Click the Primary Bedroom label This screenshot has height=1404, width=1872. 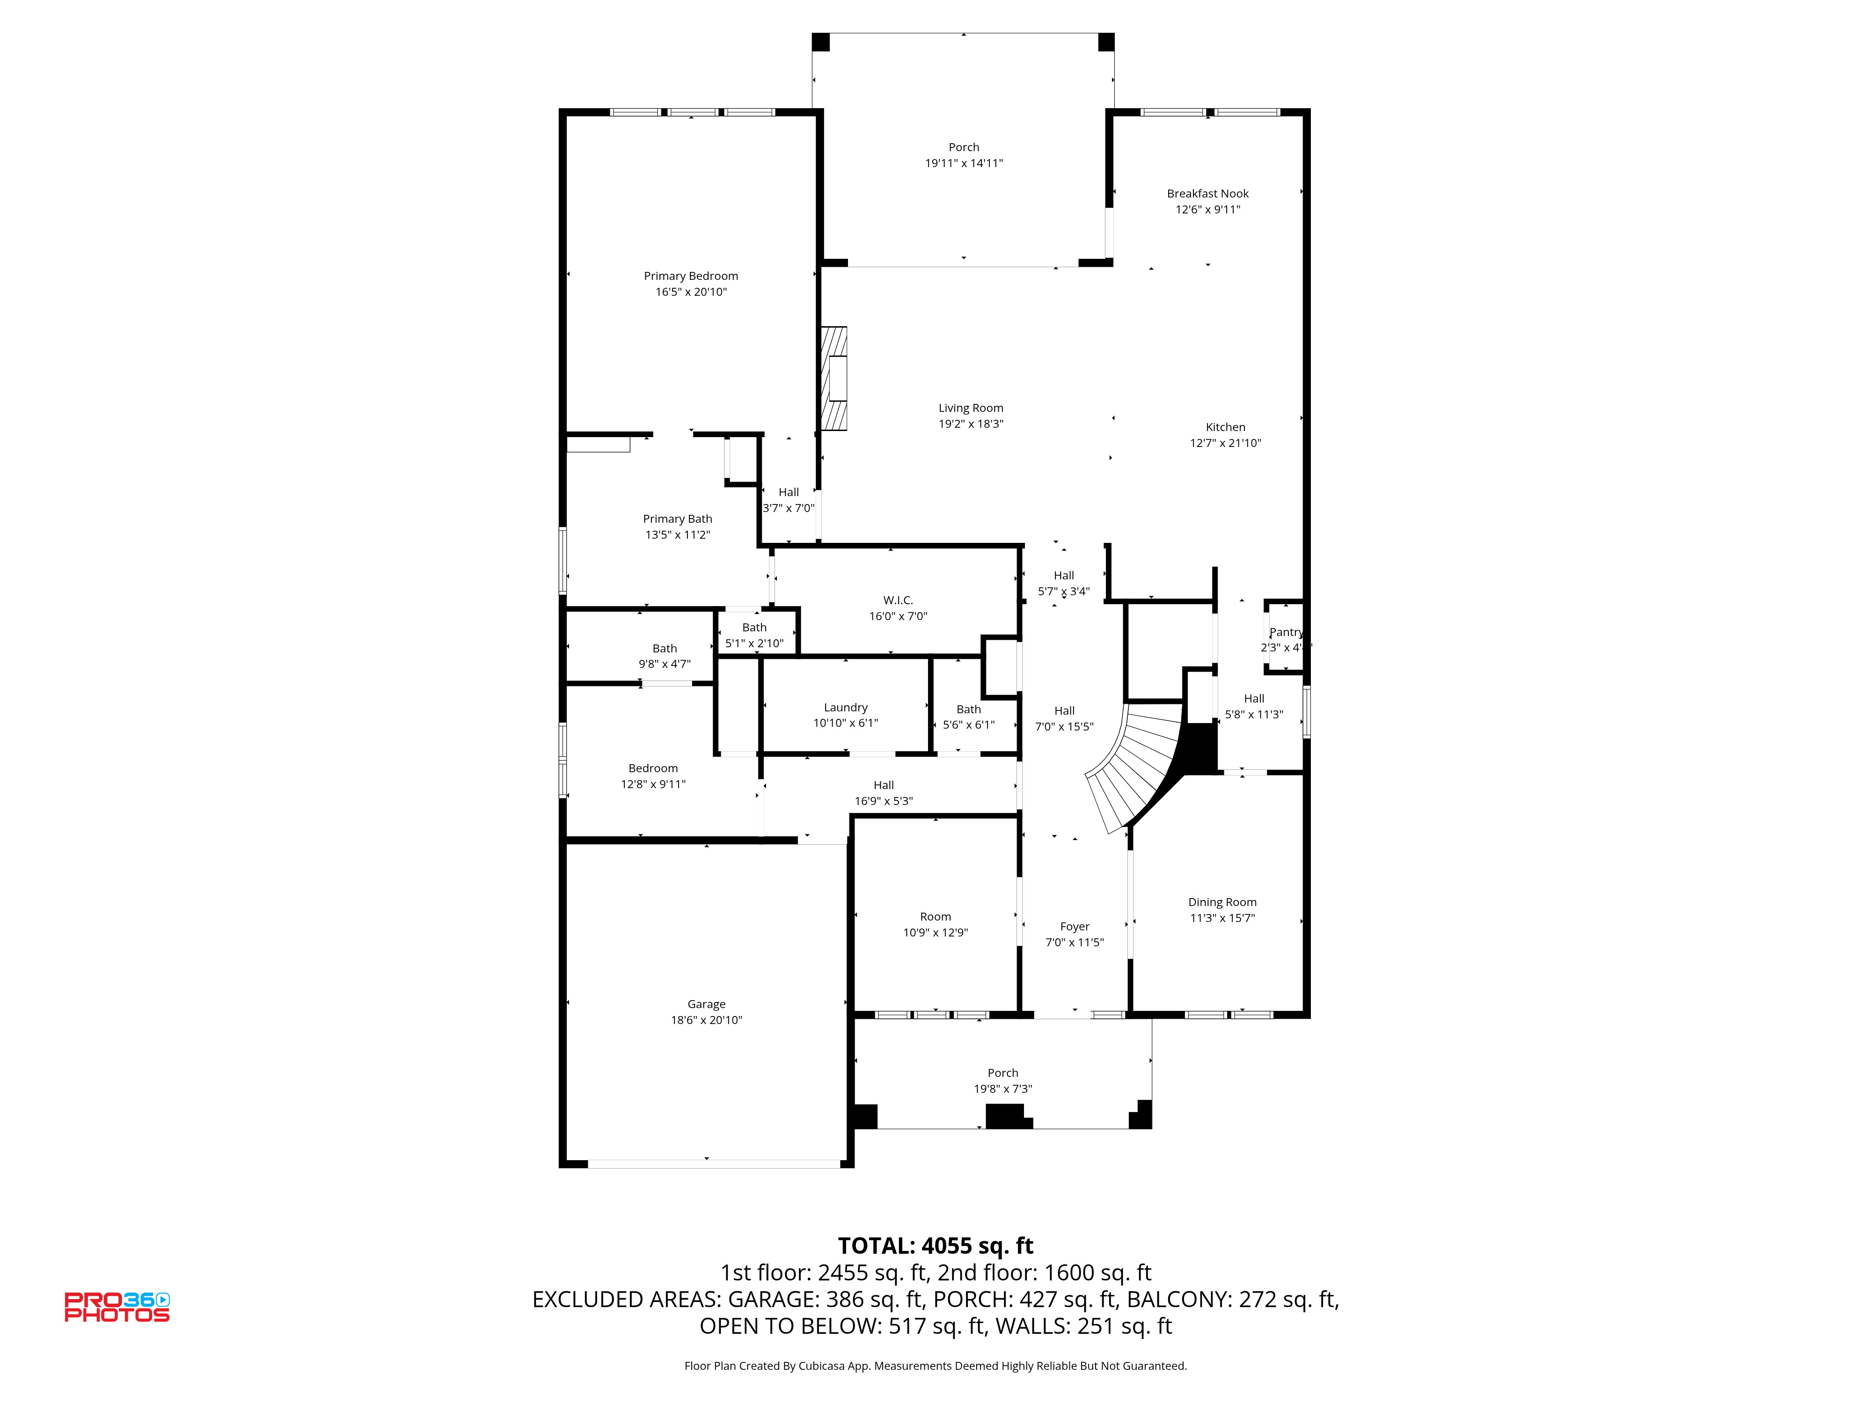point(691,276)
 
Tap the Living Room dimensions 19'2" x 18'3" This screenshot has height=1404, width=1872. point(971,424)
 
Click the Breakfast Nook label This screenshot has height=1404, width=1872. point(1207,194)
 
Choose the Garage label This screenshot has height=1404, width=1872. point(707,1004)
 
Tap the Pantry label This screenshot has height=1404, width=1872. point(1286,632)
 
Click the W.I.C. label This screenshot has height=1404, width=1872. point(898,600)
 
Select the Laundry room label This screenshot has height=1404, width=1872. point(846,708)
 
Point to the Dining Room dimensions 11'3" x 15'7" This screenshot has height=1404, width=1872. point(1222,918)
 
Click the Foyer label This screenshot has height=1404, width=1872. point(1075,927)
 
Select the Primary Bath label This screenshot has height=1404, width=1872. point(677,519)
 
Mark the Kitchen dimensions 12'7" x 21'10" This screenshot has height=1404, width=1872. point(1225,443)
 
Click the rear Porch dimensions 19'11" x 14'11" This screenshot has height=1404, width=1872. point(964,163)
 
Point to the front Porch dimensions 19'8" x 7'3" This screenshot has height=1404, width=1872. point(1003,1089)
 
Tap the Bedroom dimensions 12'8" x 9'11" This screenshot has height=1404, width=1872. point(653,784)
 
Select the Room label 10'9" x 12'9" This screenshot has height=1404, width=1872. point(935,916)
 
